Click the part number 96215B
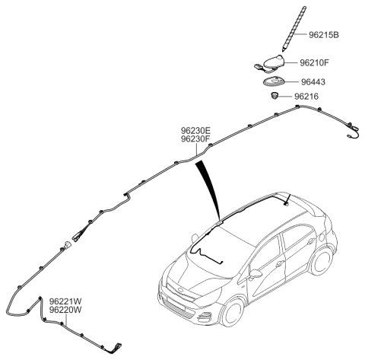pyautogui.click(x=324, y=35)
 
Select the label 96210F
pyautogui.click(x=314, y=62)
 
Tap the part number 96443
pyautogui.click(x=313, y=82)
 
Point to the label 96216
pyautogui.click(x=306, y=97)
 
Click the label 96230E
pyautogui.click(x=195, y=131)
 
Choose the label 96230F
pyautogui.click(x=195, y=139)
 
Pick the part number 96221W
pyautogui.click(x=65, y=301)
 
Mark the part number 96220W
pyautogui.click(x=65, y=310)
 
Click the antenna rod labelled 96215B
pyautogui.click(x=294, y=28)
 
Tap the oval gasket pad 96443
pyautogui.click(x=274, y=82)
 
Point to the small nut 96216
pyautogui.click(x=274, y=96)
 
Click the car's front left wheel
pyautogui.click(x=233, y=312)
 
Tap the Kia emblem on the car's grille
pyautogui.click(x=180, y=290)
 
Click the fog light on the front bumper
pyautogui.click(x=205, y=317)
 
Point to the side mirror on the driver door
pyautogui.click(x=255, y=273)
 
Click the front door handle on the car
pyautogui.click(x=280, y=263)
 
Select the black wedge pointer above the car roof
pyautogui.click(x=208, y=189)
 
